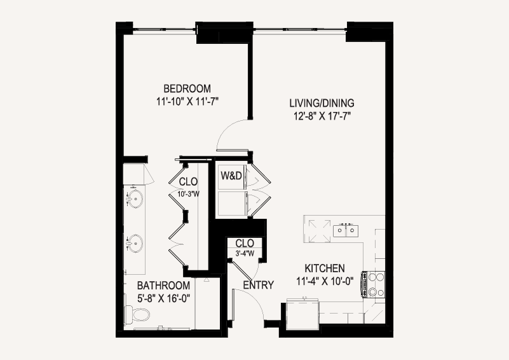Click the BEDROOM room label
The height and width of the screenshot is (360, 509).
tap(187, 88)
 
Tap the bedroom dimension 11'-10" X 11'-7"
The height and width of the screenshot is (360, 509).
tap(187, 102)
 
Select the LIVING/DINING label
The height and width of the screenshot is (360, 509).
tap(322, 103)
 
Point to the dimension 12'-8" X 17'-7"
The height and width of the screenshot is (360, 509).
tap(323, 116)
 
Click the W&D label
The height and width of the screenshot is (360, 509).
tap(231, 176)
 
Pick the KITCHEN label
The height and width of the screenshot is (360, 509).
tap(325, 268)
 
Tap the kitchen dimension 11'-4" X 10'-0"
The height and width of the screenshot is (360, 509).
tap(325, 281)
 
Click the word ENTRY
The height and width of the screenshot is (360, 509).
tap(259, 285)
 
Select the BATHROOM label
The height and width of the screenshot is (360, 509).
tap(163, 286)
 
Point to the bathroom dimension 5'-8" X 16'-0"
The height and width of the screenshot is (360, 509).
tap(163, 298)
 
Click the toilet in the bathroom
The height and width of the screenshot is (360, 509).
tap(138, 314)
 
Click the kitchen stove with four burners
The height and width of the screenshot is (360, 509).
tap(373, 284)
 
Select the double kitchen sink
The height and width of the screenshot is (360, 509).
tap(346, 230)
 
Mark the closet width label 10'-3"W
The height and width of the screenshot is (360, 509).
tap(188, 194)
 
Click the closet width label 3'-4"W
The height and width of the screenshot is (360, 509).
tap(245, 253)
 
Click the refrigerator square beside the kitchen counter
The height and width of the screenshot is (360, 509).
tap(303, 314)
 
